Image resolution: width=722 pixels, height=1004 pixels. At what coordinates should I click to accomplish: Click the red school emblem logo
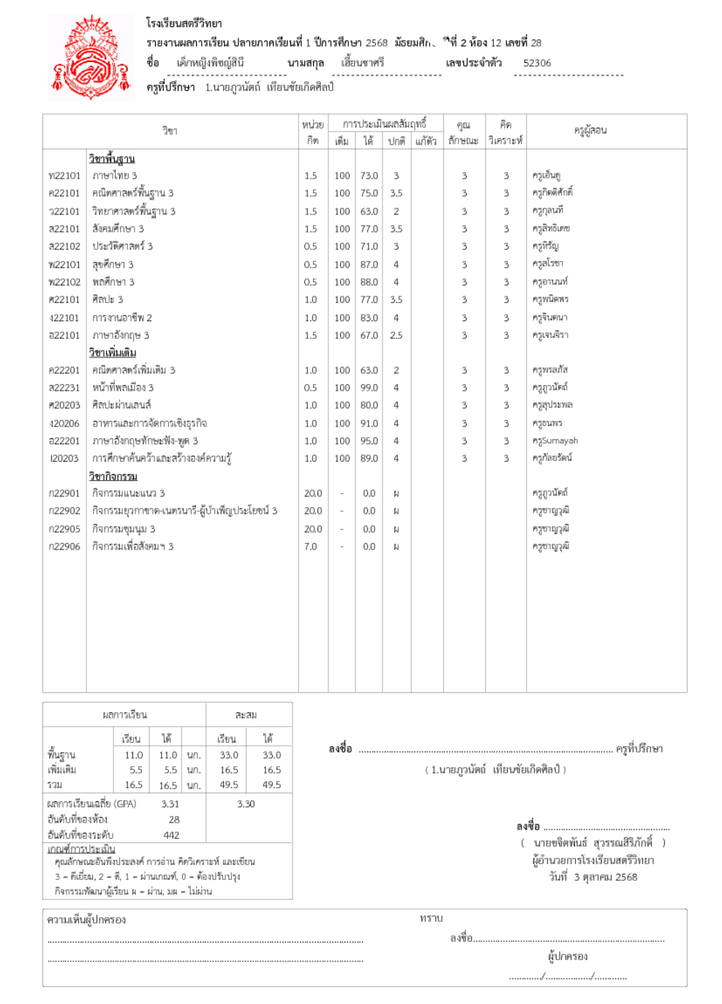[91, 58]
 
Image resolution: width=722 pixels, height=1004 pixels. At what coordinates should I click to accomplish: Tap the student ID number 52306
[537, 63]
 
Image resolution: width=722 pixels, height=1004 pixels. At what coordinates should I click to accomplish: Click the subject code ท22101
[64, 176]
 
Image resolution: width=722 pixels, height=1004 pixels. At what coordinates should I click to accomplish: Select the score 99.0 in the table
[369, 388]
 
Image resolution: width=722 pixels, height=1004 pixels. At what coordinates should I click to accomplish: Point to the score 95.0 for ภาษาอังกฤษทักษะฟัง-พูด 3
[369, 441]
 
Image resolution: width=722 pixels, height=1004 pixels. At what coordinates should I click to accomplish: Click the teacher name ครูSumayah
[555, 441]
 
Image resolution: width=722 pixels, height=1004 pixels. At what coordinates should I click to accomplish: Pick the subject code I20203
[64, 459]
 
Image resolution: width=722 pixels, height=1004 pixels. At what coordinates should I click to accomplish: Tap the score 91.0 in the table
[369, 424]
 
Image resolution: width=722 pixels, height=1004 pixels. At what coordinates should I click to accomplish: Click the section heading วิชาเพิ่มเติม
[113, 353]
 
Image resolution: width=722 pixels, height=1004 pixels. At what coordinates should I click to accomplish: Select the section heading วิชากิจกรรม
[113, 476]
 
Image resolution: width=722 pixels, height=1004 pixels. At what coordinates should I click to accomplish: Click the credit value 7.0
[311, 547]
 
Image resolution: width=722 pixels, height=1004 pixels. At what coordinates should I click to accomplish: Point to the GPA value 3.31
[170, 803]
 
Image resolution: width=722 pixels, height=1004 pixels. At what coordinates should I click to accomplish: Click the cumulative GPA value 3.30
[246, 803]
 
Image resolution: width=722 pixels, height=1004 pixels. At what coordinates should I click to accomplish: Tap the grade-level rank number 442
[171, 835]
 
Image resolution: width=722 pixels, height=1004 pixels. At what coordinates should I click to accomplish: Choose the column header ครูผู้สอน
[590, 130]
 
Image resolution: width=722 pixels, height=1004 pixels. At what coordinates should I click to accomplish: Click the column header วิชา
[170, 130]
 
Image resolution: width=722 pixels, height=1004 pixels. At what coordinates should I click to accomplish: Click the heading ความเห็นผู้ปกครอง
[86, 920]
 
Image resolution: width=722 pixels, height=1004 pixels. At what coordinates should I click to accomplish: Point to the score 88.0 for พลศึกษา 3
[369, 282]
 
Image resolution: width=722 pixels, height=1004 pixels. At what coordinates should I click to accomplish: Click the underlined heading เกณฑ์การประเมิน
[81, 849]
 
